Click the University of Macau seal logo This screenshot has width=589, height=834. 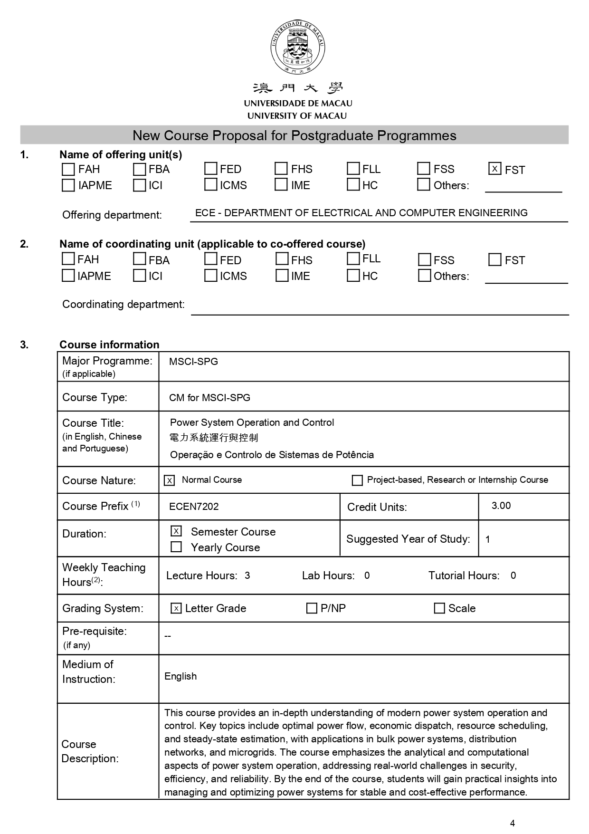(x=298, y=47)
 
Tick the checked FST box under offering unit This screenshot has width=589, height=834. (x=494, y=169)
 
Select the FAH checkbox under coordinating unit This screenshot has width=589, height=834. (x=68, y=259)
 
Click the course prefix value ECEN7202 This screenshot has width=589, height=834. (x=194, y=507)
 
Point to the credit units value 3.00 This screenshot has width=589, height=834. (x=501, y=506)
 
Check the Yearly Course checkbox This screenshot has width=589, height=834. (x=176, y=547)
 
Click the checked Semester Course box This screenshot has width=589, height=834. (x=176, y=531)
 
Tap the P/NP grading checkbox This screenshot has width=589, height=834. (x=312, y=608)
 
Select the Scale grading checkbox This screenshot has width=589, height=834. (x=439, y=608)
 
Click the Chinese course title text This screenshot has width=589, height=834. (x=214, y=438)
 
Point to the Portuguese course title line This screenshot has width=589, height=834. (x=272, y=455)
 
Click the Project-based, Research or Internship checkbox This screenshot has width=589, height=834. (x=357, y=480)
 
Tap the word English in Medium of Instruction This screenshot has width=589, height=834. (x=180, y=676)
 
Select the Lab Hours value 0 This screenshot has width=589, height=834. (x=367, y=575)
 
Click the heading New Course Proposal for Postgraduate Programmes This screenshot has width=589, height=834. (x=294, y=135)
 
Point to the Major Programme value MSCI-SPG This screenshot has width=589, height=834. (x=193, y=362)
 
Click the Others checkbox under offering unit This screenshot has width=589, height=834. (x=423, y=184)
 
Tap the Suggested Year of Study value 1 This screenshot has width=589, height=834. (x=488, y=539)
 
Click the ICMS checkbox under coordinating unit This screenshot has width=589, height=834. (x=210, y=276)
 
